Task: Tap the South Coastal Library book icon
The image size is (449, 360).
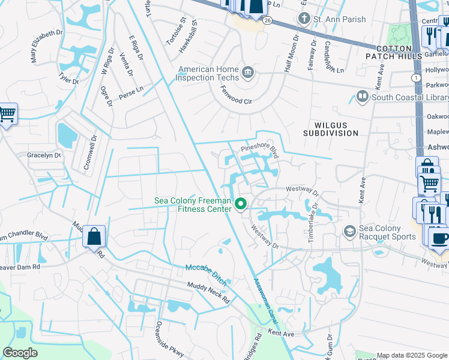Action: click(x=363, y=97)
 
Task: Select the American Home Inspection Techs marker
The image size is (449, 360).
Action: click(x=248, y=74)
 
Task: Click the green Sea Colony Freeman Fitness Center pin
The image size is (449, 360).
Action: click(x=241, y=205)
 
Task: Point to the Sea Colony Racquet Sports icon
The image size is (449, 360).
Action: click(x=349, y=232)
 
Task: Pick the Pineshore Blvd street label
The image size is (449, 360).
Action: click(x=261, y=149)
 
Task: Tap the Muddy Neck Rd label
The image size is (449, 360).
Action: click(x=208, y=292)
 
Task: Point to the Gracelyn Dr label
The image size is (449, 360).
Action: click(x=44, y=155)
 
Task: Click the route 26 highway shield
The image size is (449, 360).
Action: click(x=267, y=20)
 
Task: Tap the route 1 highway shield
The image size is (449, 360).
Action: click(x=415, y=78)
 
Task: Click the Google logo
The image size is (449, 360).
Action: click(x=20, y=353)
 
